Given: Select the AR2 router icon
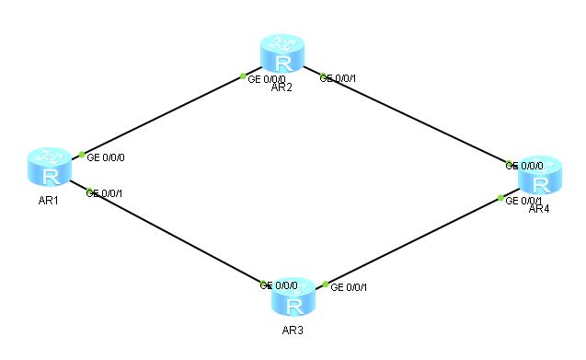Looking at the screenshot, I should [x=282, y=54].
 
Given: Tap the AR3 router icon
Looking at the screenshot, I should [x=293, y=298].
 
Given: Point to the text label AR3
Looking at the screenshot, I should [x=293, y=330].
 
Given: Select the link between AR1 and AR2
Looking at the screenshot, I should [x=162, y=115].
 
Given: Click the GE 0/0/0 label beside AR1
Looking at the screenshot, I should [x=106, y=157].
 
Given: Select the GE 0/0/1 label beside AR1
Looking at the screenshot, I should [x=105, y=192].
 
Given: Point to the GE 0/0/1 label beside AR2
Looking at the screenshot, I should [x=338, y=78].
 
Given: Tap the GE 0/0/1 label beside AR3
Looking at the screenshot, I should [x=349, y=287].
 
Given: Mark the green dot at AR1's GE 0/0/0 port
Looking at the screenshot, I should [x=82, y=155].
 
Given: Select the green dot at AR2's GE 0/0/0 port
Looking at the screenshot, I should [x=243, y=75].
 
